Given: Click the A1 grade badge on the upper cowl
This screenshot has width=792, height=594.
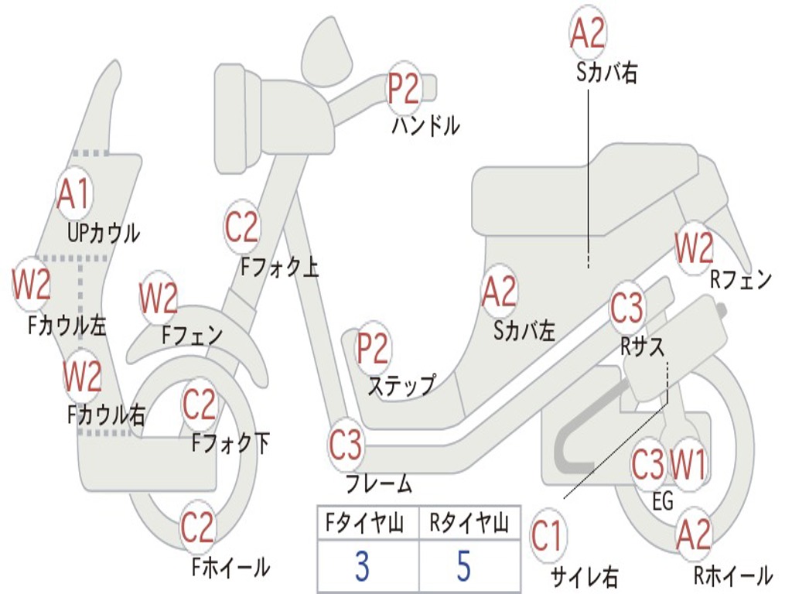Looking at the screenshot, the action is coord(75,193).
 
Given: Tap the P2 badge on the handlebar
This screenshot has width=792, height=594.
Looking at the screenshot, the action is coord(404,88).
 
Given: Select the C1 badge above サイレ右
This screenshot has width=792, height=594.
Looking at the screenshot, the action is coord(547,535).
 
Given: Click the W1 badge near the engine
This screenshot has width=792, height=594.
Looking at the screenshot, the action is coord(688,464).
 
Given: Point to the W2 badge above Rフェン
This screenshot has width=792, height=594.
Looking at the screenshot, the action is coord(694,247).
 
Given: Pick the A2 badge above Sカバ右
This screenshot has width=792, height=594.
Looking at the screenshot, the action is coord(588,32).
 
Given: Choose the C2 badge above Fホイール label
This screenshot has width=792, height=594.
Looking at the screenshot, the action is coord(197,527).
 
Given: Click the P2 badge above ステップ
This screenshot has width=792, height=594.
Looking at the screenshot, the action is coord(373,348).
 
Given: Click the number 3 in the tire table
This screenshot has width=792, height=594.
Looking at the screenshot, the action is coord(362,565).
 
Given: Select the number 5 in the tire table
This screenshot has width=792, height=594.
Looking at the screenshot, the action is coord(464,565).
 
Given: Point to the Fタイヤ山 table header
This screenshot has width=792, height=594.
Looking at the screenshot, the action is coord(365,522).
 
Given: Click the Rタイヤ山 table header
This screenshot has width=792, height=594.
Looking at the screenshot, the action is coord(469,522).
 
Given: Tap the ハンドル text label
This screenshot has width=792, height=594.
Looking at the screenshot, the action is coord(426,125).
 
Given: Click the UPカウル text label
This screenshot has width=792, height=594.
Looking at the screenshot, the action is coord(104,233).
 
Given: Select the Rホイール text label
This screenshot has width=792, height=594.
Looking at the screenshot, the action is coord(733,575).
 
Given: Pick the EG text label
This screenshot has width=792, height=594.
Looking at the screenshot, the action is coord(663,501).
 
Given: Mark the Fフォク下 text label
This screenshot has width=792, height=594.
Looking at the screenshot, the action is coord(230,443).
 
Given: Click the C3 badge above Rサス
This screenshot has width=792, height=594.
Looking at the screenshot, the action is coord(626,308).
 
